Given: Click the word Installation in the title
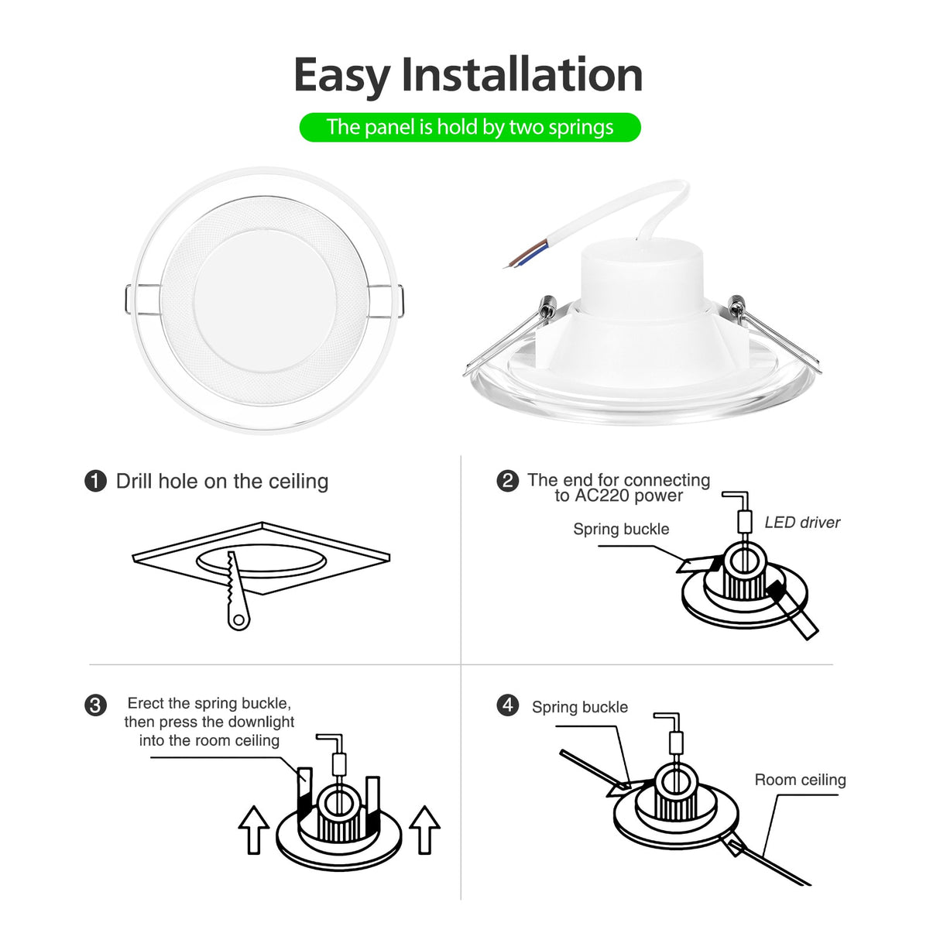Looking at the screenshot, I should [521, 75].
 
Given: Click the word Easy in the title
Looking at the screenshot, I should [341, 77].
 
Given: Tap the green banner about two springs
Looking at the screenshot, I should [469, 127].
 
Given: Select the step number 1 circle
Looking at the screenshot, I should [95, 481].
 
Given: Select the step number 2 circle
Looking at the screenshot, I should [507, 481].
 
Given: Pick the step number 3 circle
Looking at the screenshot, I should [95, 705].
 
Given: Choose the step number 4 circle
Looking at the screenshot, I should [507, 705].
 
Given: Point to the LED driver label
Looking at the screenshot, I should [801, 523].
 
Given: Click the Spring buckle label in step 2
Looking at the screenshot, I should [621, 530].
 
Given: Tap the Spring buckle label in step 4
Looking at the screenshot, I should [579, 707].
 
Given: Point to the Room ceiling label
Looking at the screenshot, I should [800, 780].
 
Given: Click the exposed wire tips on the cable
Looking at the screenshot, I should [517, 259].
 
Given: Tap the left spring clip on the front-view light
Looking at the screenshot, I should [141, 301].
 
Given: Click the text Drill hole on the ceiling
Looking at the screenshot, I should [221, 482].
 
